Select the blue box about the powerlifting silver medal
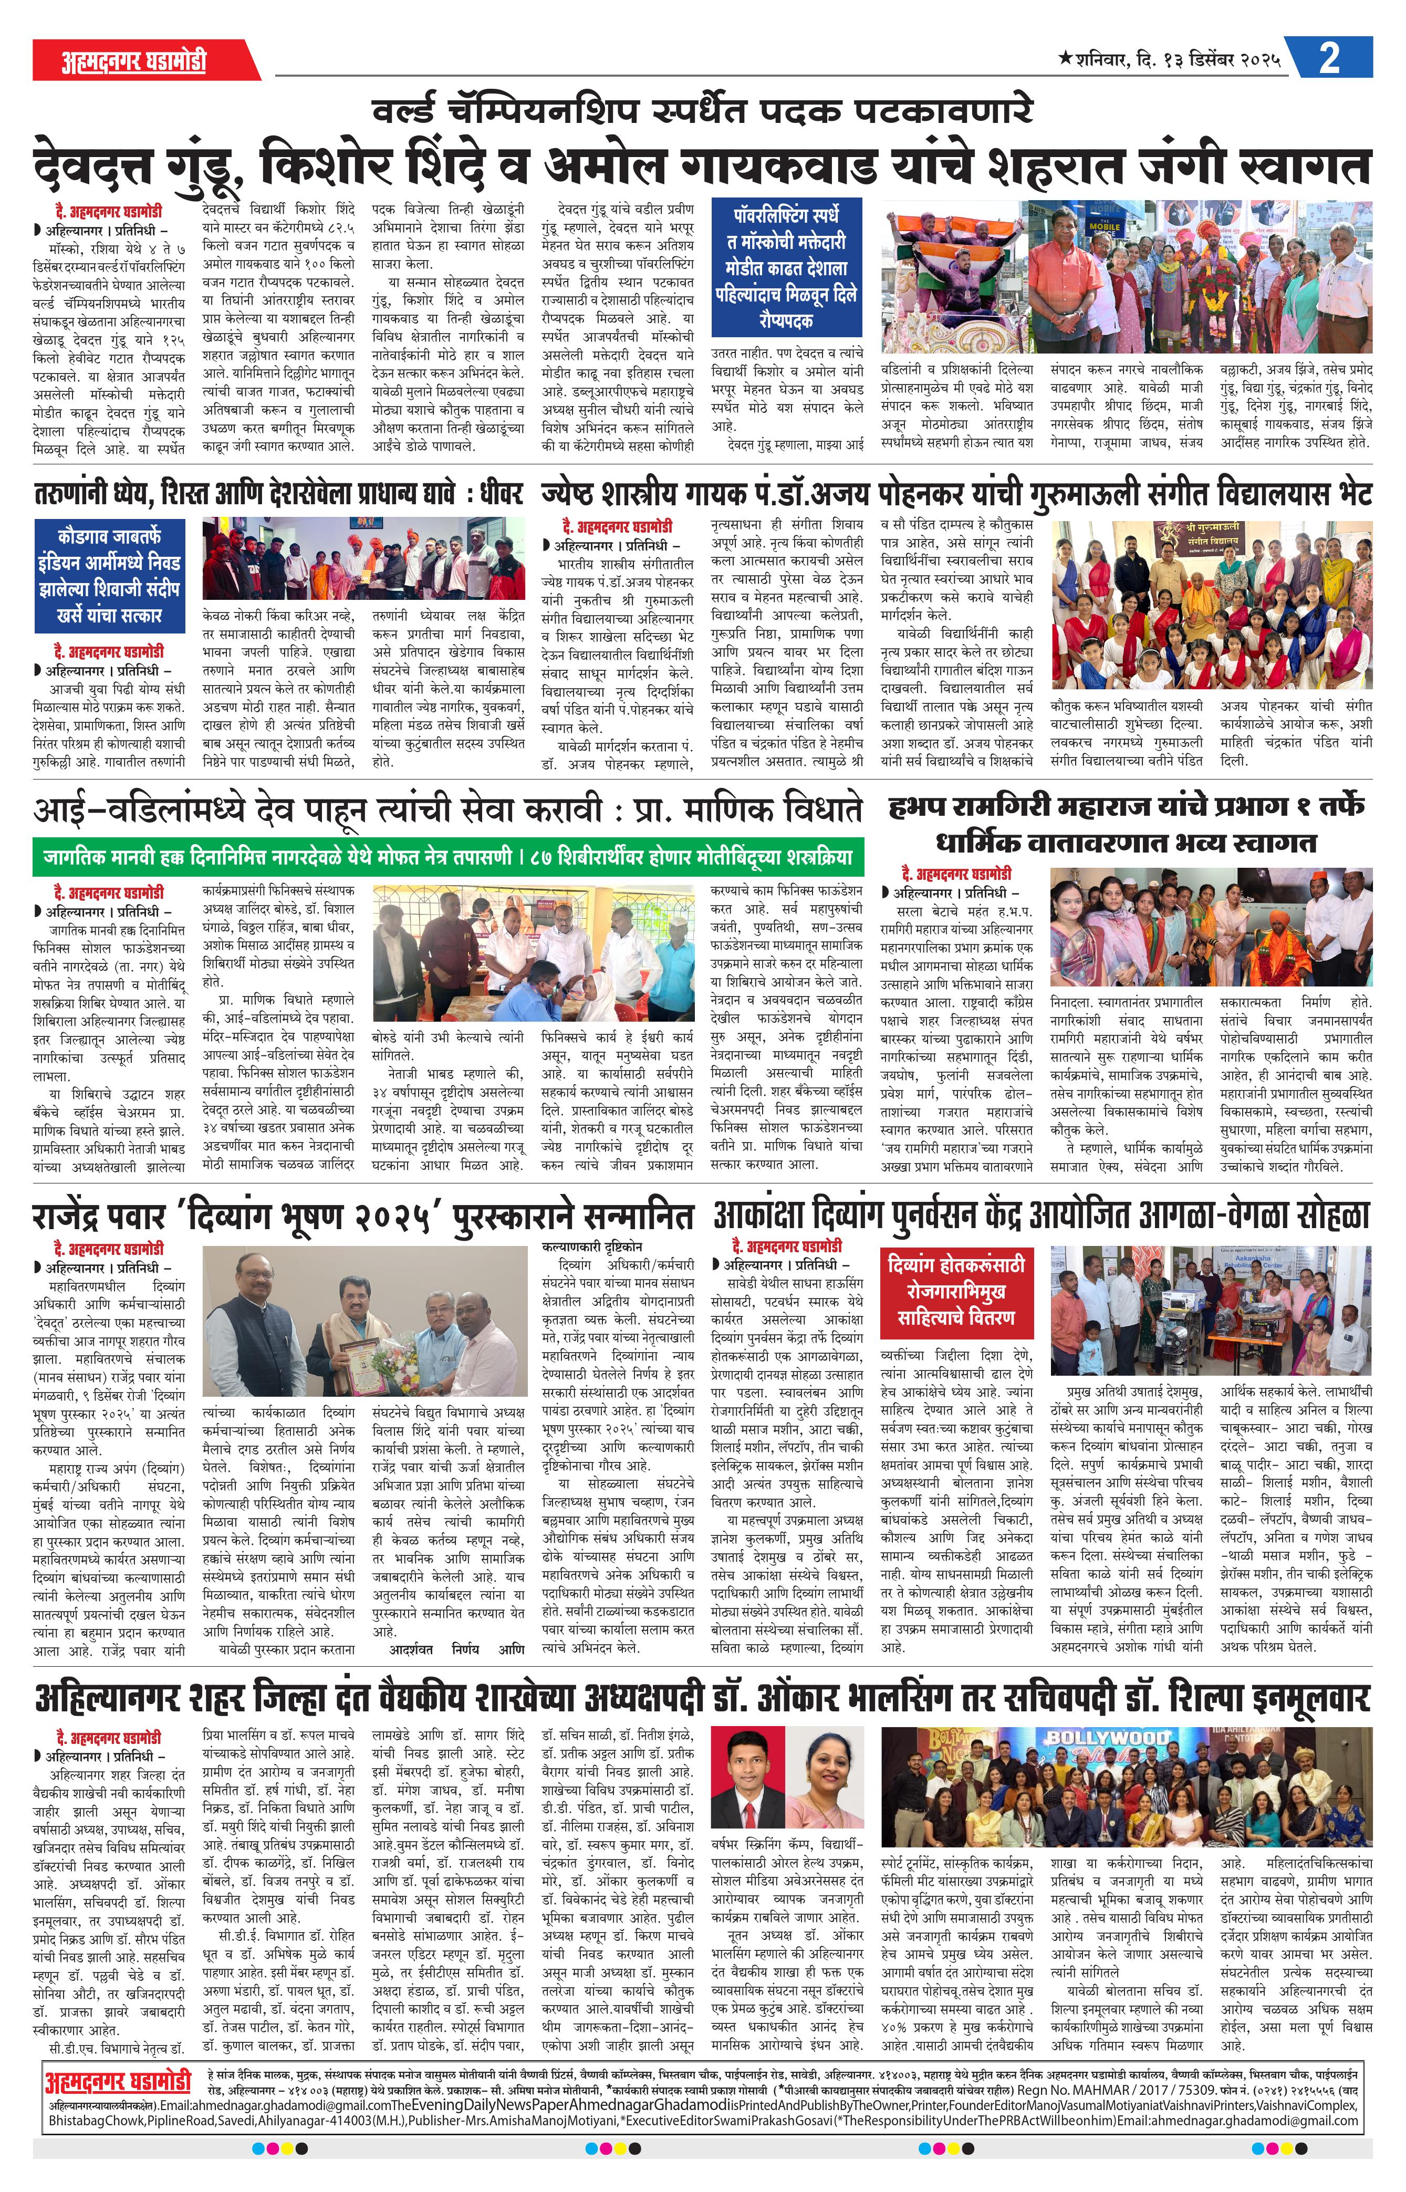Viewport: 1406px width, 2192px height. point(785,267)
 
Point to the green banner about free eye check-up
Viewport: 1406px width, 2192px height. point(447,857)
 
